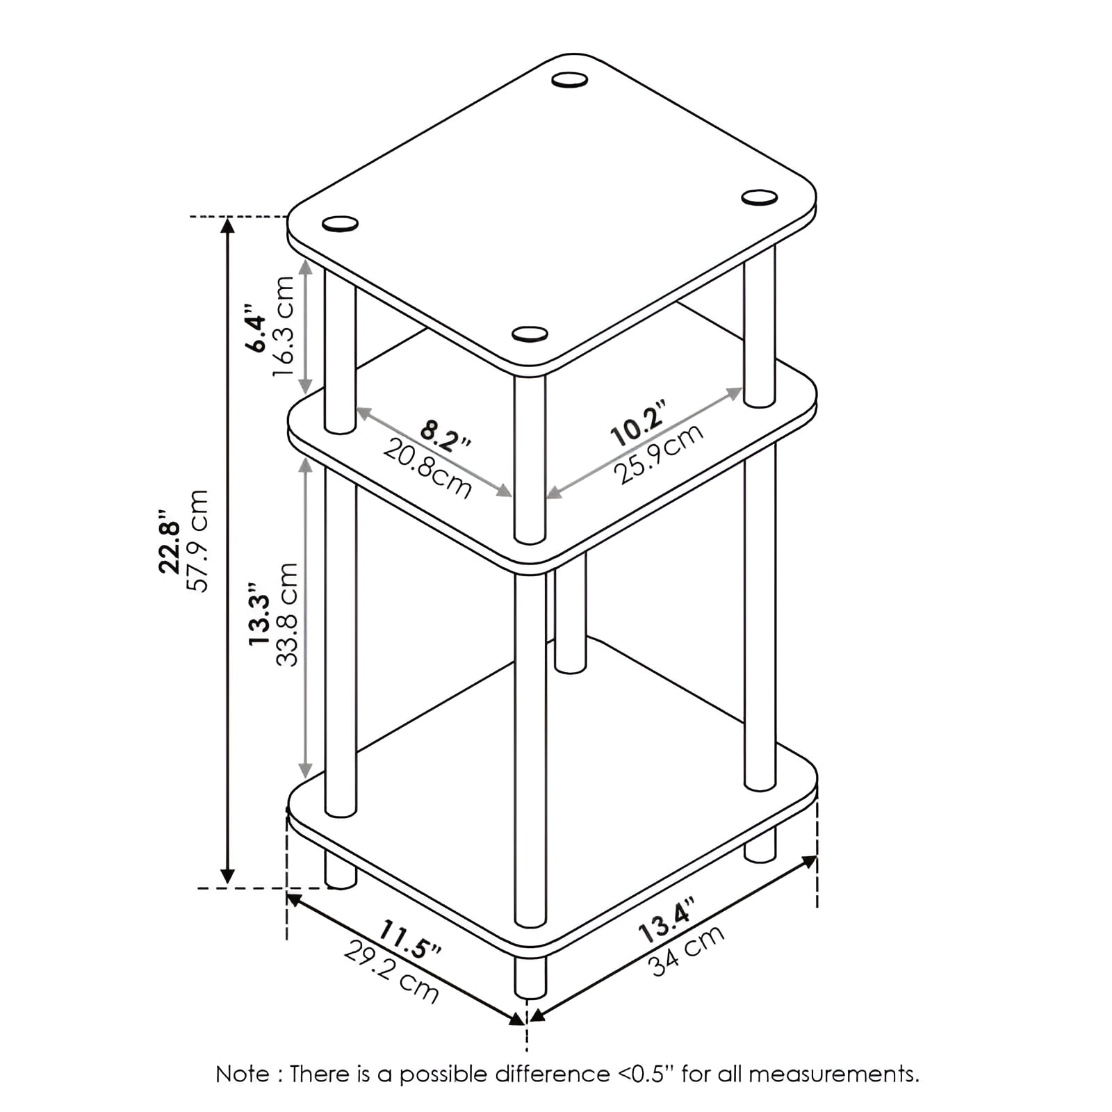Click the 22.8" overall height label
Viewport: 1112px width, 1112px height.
170,541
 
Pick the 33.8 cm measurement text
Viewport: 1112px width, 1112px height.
287,614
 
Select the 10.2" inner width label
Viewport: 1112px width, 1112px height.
639,423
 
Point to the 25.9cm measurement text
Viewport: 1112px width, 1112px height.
658,454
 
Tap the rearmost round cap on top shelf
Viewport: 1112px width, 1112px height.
570,80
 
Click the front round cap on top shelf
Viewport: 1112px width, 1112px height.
530,334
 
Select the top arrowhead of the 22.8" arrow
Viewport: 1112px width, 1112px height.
227,226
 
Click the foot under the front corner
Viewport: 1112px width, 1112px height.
530,976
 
